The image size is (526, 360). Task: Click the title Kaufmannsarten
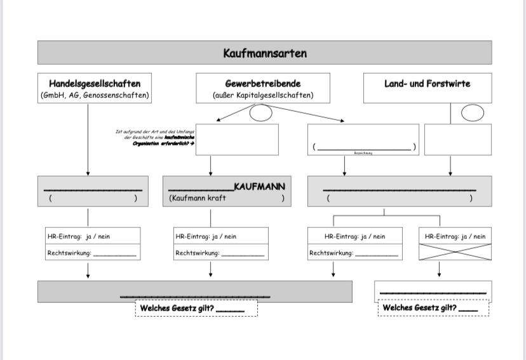264,53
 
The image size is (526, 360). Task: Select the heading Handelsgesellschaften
95,83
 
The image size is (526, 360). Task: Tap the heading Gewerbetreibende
263,83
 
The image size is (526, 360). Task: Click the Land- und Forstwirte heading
427,83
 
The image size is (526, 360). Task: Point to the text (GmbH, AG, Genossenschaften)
95,95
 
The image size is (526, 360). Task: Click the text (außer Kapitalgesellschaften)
263,96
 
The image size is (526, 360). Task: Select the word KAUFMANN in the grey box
259,186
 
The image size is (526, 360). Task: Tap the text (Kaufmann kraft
198,198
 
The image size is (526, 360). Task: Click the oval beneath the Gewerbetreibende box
261,112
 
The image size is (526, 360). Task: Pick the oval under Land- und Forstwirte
472,113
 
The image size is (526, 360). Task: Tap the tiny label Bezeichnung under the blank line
363,153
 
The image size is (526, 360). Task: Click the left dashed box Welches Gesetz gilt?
196,308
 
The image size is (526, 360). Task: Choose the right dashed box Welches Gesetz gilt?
433,308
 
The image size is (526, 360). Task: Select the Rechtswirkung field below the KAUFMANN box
220,253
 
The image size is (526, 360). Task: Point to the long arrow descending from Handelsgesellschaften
88,140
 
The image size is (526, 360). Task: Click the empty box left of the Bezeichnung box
237,140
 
